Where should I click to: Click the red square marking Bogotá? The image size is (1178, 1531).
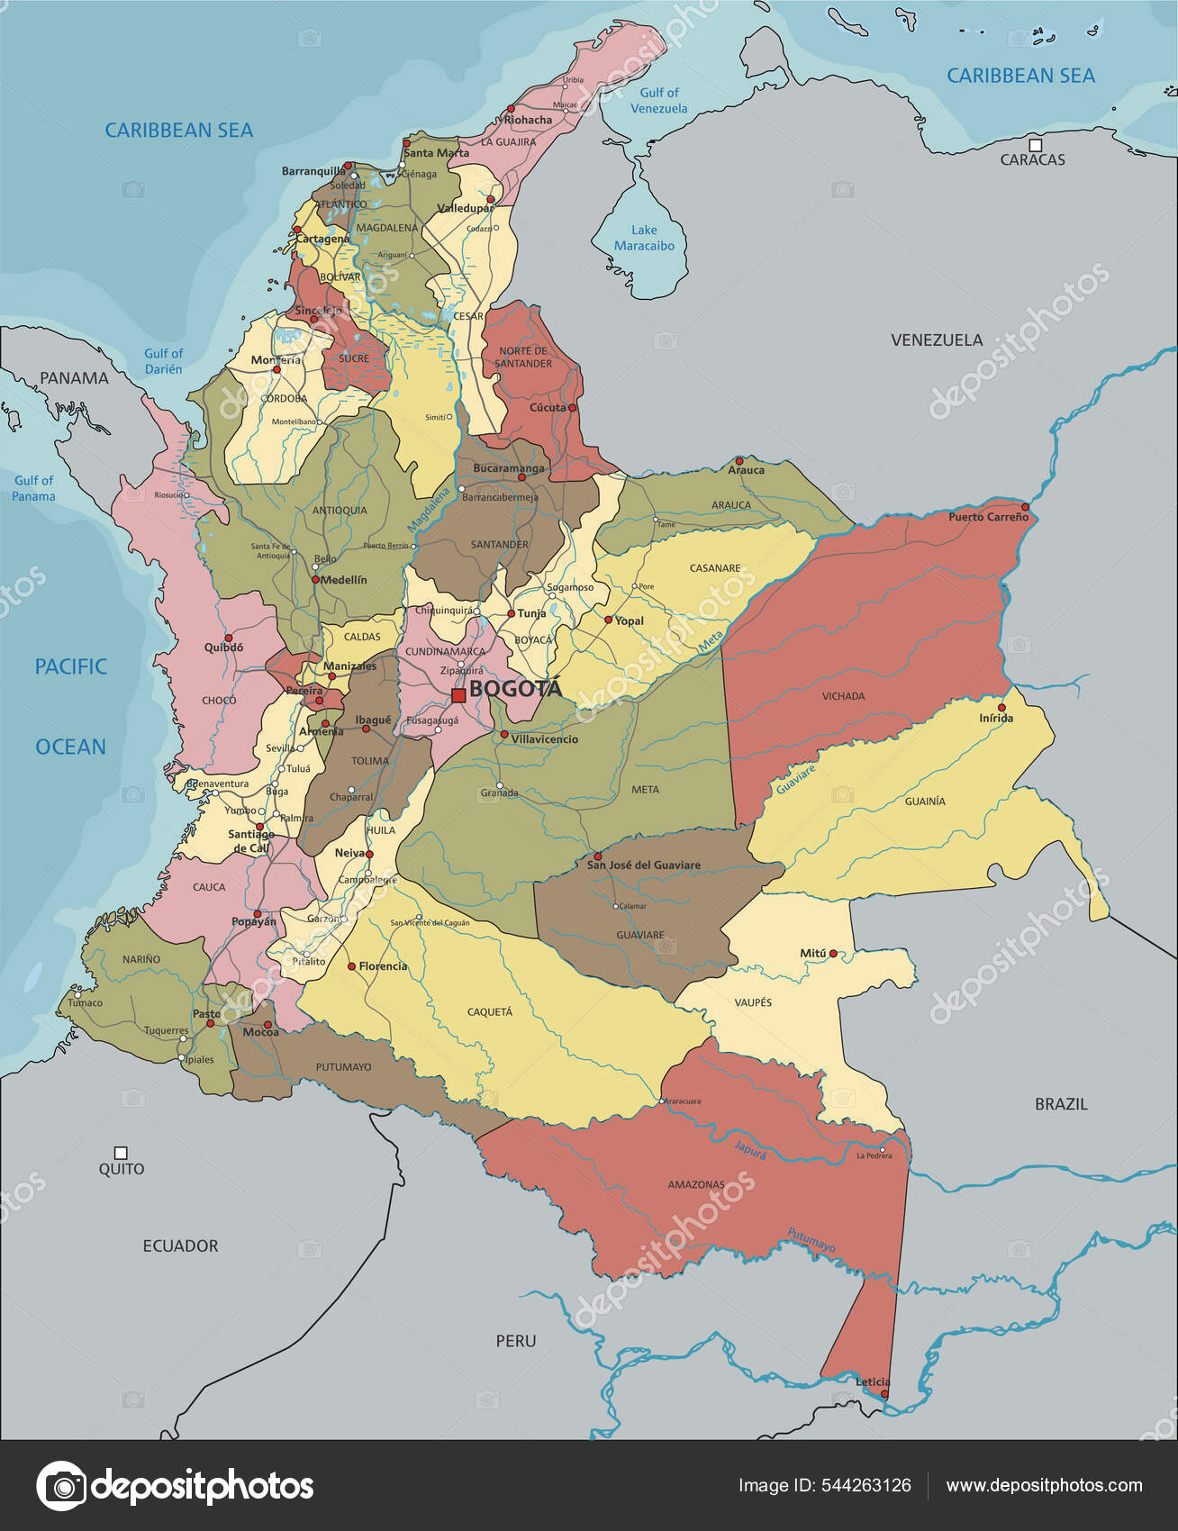tap(458, 695)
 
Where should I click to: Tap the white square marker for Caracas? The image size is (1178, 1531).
tap(1035, 145)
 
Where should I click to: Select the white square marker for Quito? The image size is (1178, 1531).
tap(121, 1153)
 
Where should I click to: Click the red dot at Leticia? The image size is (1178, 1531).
tap(883, 1394)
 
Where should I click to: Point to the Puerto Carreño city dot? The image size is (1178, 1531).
tap(1024, 507)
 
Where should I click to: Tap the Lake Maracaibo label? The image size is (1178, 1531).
tap(644, 238)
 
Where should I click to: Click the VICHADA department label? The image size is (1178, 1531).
tap(843, 696)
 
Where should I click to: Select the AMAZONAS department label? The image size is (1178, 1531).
tap(696, 1184)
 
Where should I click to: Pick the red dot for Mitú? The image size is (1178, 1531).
tap(833, 953)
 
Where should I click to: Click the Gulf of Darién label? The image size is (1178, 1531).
tap(163, 361)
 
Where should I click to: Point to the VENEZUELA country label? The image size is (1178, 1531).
tap(937, 340)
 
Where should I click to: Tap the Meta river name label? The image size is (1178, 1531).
tap(711, 642)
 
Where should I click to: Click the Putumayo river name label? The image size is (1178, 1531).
tap(811, 1240)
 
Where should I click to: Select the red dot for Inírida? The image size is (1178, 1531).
tap(1001, 707)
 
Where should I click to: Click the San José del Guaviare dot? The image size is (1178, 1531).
tap(597, 856)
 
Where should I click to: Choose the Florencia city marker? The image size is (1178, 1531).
tap(352, 966)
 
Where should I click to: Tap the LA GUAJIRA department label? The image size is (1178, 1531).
tap(508, 142)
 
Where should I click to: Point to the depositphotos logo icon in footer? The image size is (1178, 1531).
tap(61, 1486)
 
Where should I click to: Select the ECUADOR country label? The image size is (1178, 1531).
tap(180, 1246)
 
